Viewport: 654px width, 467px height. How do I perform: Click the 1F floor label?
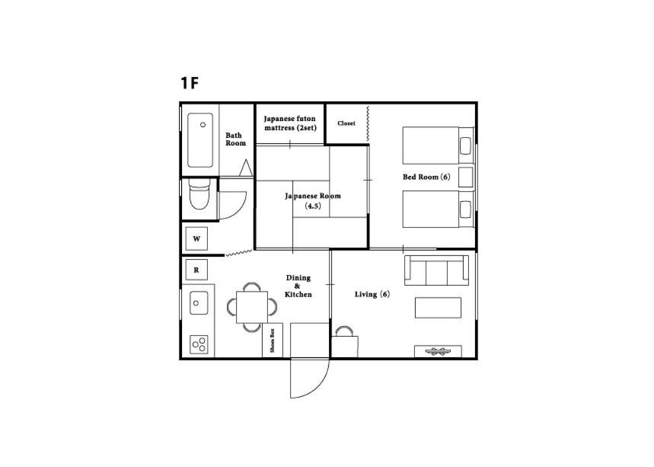[190, 83]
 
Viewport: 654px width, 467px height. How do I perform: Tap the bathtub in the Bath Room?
[201, 140]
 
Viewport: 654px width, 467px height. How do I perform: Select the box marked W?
[196, 239]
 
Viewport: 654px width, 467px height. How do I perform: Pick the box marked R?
[196, 270]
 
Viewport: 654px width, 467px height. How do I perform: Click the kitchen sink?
[198, 302]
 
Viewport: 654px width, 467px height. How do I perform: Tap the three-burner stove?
[200, 344]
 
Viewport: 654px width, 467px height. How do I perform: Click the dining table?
[251, 307]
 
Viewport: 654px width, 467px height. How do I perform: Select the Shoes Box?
[273, 340]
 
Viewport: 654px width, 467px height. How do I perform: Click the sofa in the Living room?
[436, 270]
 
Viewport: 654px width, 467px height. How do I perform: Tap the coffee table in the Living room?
[438, 308]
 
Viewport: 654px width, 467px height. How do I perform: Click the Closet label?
[346, 123]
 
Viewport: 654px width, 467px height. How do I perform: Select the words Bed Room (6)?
[426, 177]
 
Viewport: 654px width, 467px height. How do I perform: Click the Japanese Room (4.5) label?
[313, 200]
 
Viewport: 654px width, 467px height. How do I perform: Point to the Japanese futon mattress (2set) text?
[290, 123]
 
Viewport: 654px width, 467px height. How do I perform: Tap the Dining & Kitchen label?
[298, 286]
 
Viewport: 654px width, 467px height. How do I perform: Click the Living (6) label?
[372, 294]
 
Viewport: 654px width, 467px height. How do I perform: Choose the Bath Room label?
[235, 139]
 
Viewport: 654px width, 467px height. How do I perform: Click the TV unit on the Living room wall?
[438, 350]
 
